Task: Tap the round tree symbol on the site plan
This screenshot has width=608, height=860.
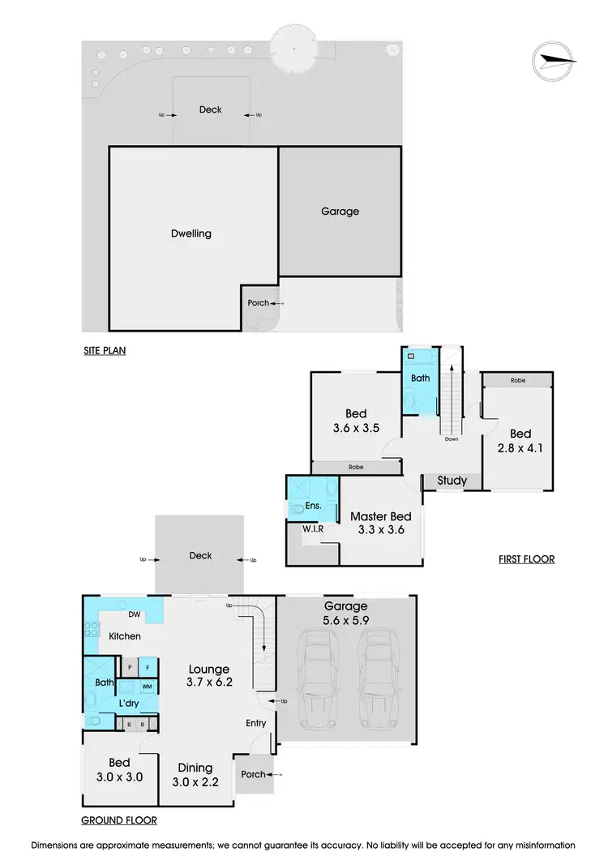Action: pos(293,47)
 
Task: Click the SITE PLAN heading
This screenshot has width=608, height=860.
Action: pos(105,351)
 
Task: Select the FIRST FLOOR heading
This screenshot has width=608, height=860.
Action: pos(525,559)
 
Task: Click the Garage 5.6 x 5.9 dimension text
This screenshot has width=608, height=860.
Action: pos(346,613)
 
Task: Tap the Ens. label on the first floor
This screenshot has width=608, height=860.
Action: pos(314,506)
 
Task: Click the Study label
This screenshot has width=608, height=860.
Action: pos(452,481)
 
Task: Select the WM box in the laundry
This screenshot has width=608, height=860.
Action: pos(148,687)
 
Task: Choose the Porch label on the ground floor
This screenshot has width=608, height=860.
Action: pos(254,774)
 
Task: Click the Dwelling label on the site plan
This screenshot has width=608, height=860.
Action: pos(191,233)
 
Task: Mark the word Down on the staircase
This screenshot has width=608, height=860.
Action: pos(451,440)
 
